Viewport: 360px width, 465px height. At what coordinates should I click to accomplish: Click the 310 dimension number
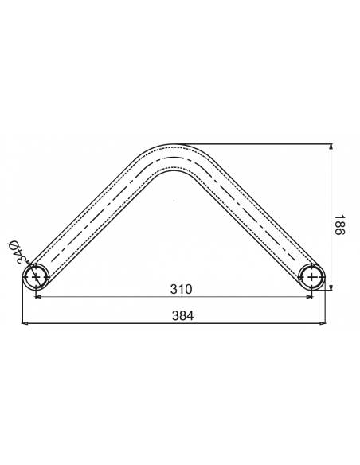[x=181, y=289]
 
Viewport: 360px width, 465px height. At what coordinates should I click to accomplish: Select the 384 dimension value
[x=182, y=315]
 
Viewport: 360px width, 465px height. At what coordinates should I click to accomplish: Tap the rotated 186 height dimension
[x=339, y=225]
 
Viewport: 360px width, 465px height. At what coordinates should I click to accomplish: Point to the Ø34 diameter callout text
[x=18, y=252]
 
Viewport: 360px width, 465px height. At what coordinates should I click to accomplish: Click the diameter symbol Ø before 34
[x=14, y=245]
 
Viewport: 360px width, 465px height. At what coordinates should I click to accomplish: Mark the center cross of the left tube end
[x=36, y=277]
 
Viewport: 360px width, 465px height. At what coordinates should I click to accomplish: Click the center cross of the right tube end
[x=312, y=277]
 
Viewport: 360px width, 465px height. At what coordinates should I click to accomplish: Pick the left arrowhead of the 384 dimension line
[x=25, y=323]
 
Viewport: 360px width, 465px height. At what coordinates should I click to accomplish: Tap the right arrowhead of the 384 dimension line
[x=323, y=323]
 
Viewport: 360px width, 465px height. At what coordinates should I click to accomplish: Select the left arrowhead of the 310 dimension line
[x=38, y=296]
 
